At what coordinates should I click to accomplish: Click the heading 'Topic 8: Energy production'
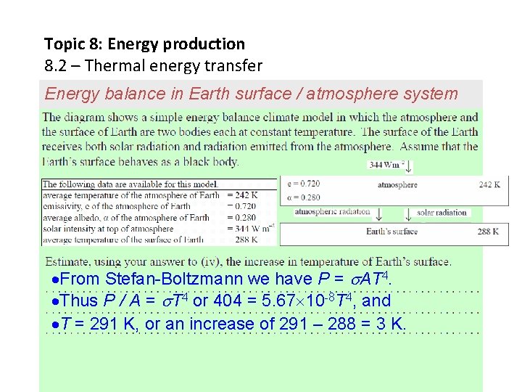pos(144,44)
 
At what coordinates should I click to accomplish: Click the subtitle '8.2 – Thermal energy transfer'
pos(153,66)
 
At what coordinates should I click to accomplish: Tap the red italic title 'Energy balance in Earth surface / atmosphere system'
pos(251,94)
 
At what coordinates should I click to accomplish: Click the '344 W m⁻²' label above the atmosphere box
pos(386,166)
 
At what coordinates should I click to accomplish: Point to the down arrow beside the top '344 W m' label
pos(409,166)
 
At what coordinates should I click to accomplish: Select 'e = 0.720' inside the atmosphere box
pos(304,184)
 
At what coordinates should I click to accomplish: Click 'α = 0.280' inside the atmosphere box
pos(304,197)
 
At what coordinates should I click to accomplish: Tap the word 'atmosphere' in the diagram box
pos(397,185)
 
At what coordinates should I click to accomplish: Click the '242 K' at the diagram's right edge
pos(489,185)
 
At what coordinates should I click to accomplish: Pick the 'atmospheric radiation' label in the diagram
pos(332,212)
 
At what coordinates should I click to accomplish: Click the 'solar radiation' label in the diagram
pos(442,213)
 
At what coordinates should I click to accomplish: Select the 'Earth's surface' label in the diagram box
pos(391,232)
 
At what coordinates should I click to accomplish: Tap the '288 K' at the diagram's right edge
pos(488,232)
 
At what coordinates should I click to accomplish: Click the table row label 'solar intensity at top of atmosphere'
pos(109,228)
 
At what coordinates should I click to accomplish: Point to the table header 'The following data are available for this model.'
pos(131,184)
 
